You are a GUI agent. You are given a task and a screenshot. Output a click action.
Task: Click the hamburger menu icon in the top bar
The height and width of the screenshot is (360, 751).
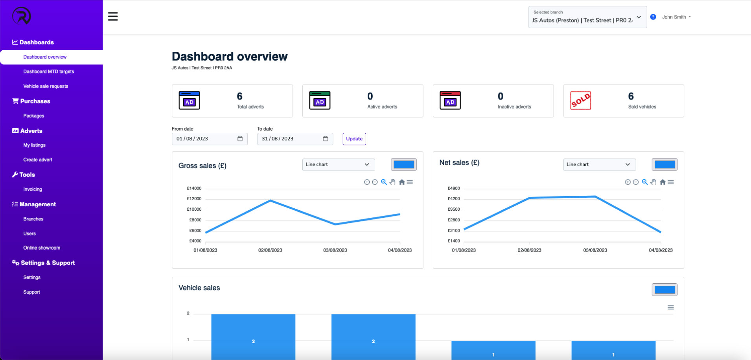(113, 17)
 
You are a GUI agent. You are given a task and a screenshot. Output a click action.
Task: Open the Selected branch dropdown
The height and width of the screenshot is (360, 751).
(587, 17)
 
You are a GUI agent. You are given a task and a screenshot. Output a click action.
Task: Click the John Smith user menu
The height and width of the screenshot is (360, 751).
(676, 17)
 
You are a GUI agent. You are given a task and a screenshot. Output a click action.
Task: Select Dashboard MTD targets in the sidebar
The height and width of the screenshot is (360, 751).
(48, 72)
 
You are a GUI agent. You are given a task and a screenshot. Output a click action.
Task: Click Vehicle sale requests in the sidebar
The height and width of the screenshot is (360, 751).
(46, 86)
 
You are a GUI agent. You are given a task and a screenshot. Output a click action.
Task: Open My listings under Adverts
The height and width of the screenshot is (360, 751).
(34, 145)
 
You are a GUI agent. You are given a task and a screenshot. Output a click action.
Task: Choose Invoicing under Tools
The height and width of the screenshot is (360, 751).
(33, 189)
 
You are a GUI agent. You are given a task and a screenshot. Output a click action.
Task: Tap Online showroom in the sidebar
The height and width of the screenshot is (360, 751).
(42, 248)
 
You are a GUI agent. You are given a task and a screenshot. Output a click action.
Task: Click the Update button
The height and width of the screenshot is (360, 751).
(354, 139)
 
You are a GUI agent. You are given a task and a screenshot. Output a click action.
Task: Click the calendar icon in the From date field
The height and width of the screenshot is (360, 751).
(240, 139)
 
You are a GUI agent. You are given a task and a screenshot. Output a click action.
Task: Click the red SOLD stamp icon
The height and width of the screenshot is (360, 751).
(580, 101)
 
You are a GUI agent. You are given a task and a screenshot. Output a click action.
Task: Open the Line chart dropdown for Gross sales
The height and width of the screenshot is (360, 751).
(338, 165)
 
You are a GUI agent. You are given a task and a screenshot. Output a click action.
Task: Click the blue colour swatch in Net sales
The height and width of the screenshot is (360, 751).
(664, 165)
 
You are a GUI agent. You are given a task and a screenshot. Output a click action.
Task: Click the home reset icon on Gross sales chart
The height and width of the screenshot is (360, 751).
(401, 182)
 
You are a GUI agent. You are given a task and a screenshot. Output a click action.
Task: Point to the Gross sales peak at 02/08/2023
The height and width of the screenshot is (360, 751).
(270, 201)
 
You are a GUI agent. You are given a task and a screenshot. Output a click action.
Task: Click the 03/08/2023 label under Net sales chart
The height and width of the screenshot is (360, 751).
(595, 250)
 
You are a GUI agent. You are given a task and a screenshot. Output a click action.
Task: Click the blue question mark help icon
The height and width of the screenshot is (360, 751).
(653, 17)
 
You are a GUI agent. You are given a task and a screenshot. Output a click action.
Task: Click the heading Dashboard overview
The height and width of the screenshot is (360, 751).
(230, 57)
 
